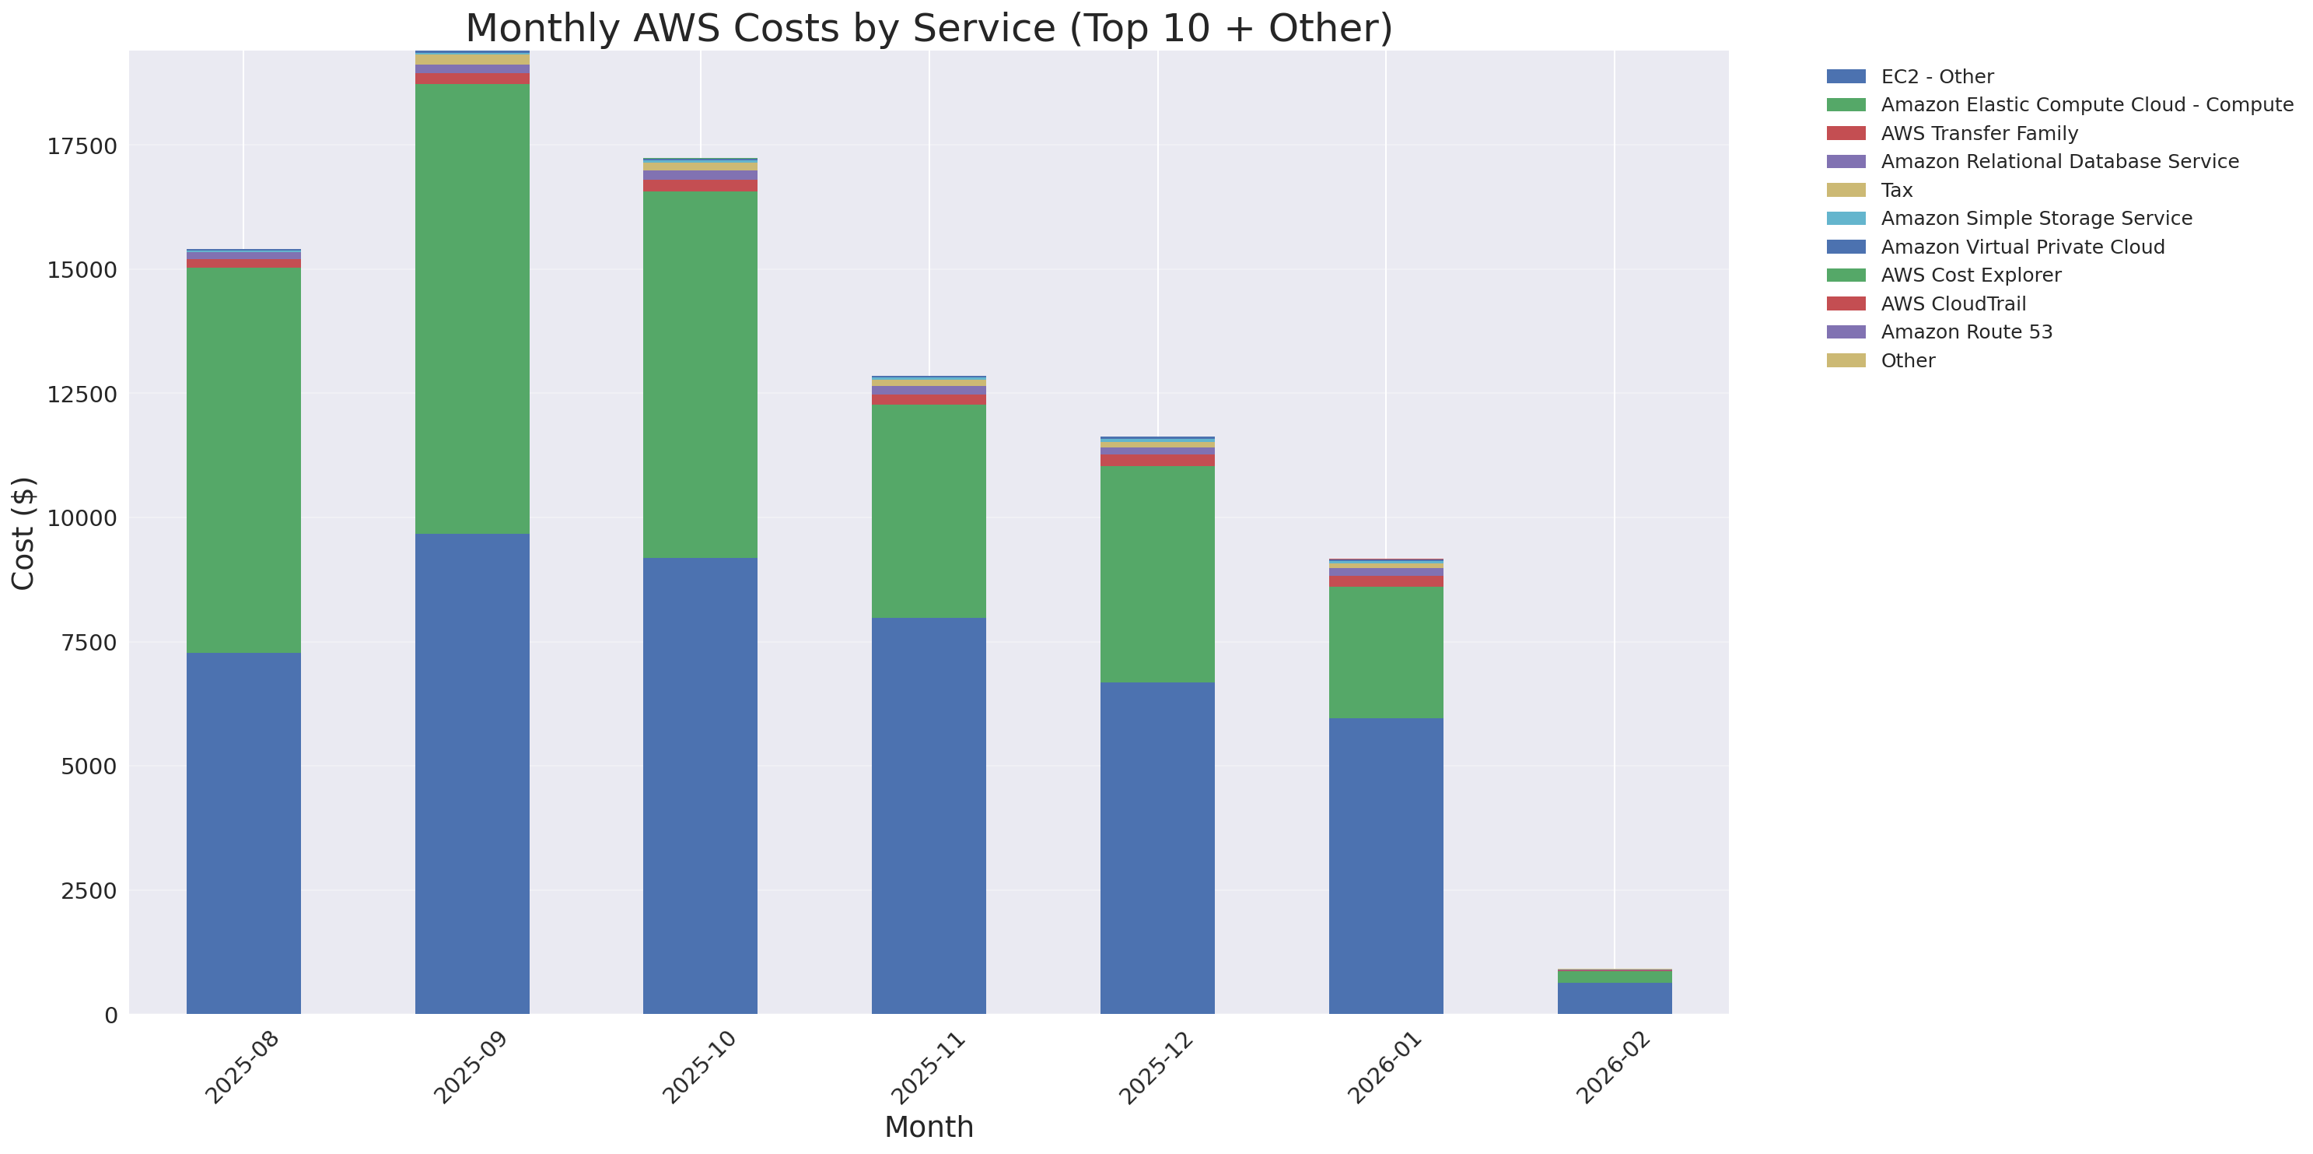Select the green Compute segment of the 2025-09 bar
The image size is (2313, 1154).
471,309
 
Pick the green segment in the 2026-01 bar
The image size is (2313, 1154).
1385,652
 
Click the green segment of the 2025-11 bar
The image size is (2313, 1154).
929,511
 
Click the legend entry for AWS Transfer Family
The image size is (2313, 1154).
1979,134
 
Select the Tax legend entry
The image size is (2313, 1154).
1896,191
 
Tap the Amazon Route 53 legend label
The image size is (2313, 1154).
1966,332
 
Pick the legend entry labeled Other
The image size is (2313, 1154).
1907,361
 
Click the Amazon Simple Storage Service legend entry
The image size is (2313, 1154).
2035,218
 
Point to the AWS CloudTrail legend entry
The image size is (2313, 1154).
1953,303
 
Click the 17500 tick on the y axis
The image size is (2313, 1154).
82,146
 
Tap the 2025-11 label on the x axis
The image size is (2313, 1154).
929,1068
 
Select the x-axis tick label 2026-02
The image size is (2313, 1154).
1614,1068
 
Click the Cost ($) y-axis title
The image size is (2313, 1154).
23,534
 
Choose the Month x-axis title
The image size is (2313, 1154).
929,1127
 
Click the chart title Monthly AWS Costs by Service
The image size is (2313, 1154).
929,28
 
